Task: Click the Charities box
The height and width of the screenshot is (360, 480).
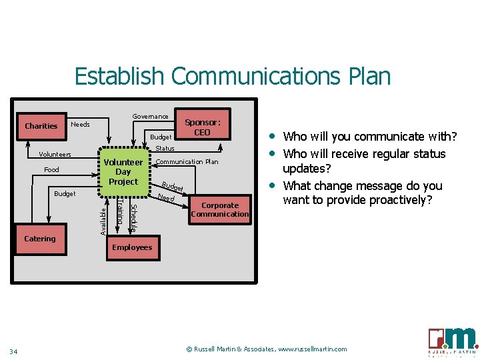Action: click(x=41, y=126)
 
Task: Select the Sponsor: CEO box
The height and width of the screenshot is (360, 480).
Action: click(x=202, y=127)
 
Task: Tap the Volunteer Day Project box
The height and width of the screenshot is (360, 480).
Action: click(x=123, y=172)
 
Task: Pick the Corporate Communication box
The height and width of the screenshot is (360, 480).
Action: click(x=219, y=210)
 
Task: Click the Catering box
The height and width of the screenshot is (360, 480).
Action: click(x=40, y=239)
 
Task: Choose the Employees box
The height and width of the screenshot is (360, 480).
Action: click(x=132, y=247)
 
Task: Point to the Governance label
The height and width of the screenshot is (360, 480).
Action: click(x=150, y=117)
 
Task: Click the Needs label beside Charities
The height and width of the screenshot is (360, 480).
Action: click(x=80, y=125)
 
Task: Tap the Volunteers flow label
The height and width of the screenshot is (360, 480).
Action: click(x=55, y=155)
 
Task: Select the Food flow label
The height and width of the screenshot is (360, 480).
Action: click(x=51, y=170)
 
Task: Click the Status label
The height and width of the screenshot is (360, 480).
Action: click(x=165, y=149)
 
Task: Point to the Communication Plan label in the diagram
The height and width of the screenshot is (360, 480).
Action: click(x=187, y=162)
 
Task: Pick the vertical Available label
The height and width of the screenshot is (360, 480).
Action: click(x=103, y=221)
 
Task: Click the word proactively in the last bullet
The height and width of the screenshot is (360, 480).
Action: click(x=404, y=199)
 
